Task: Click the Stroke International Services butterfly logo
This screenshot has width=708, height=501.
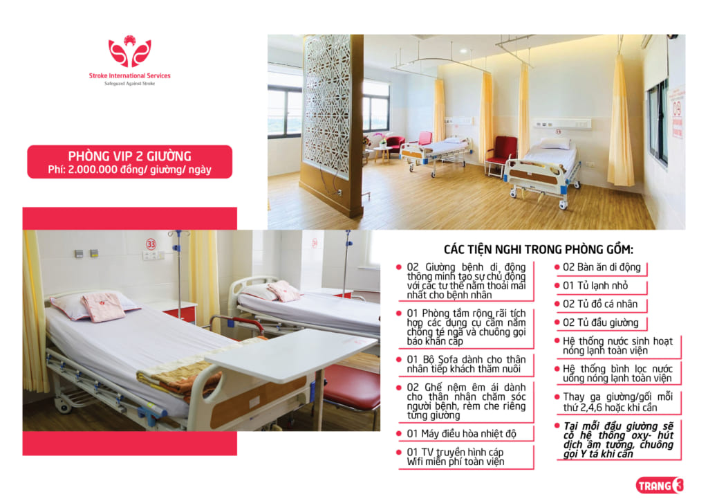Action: [129, 51]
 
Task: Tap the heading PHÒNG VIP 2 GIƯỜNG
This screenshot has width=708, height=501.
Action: [129, 156]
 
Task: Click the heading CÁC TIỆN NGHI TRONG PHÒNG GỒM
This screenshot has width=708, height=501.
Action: [538, 249]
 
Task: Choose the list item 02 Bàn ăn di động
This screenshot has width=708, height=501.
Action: [602, 267]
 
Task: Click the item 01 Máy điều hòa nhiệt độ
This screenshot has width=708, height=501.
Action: [461, 434]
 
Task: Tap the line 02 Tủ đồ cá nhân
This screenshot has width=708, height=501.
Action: [600, 304]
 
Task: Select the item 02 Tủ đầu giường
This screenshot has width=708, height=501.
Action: [601, 323]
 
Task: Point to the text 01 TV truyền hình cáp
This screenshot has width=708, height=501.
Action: [455, 452]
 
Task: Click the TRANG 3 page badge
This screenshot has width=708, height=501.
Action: [659, 486]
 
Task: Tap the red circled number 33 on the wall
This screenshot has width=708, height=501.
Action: [151, 244]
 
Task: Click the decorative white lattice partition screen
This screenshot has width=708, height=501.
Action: [327, 103]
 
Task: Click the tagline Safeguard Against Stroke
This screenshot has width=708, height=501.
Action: [129, 84]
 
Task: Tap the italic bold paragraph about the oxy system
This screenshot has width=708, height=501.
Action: [618, 440]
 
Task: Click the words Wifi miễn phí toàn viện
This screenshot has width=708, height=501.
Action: [455, 462]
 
